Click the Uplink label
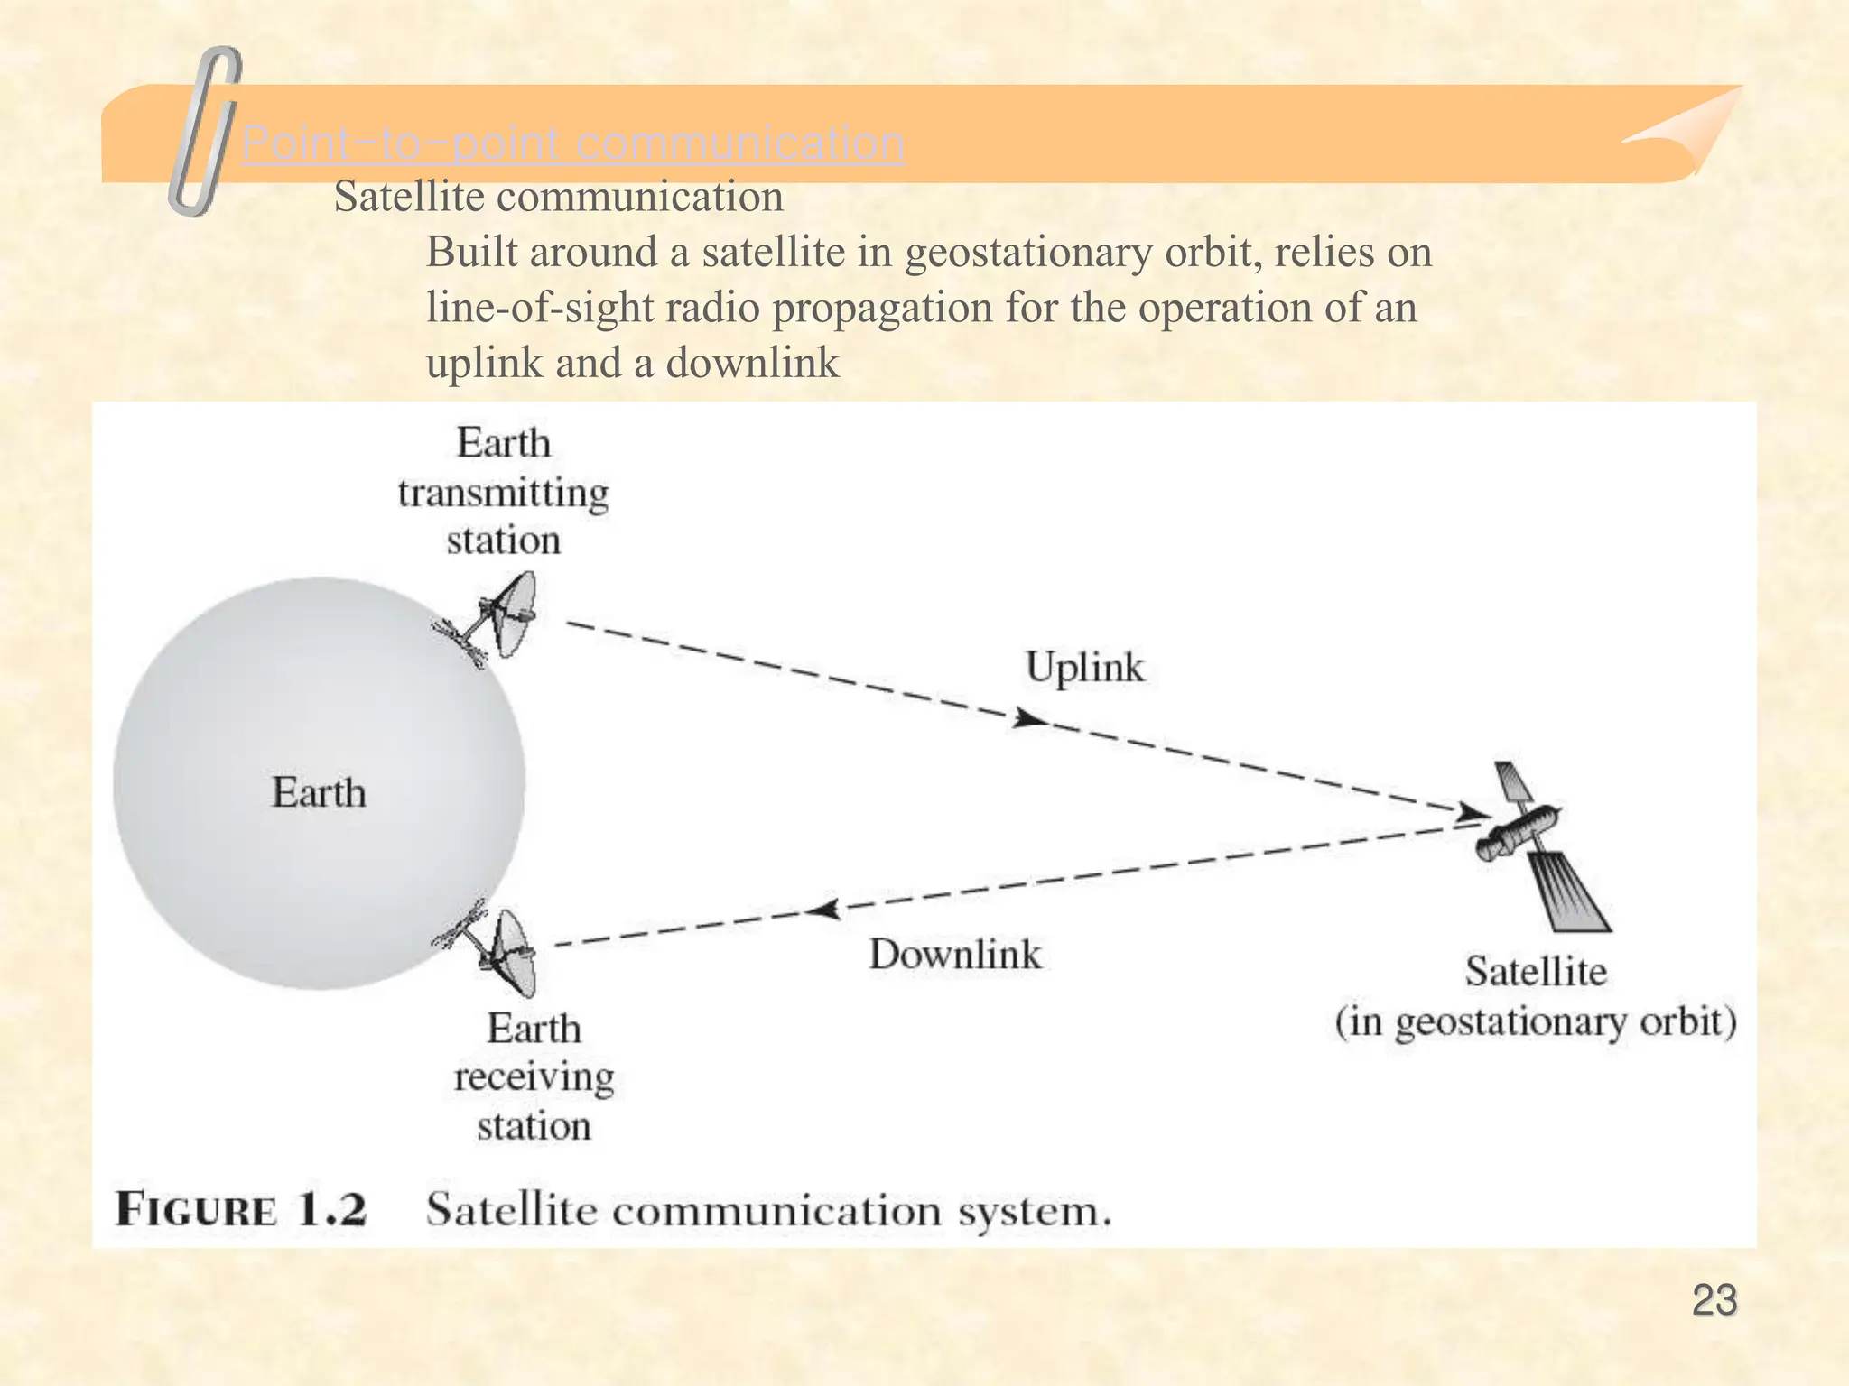coord(1084,669)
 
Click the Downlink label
coord(954,955)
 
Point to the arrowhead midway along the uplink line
coord(1029,719)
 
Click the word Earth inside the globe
coord(319,793)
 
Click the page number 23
coord(1714,1300)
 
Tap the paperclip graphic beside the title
coord(205,131)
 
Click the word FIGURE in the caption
coord(196,1209)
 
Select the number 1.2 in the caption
coord(331,1209)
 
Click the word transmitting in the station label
coord(503,494)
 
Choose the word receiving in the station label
coord(534,1077)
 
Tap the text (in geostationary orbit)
coord(1536,1022)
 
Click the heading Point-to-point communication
coord(573,143)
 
